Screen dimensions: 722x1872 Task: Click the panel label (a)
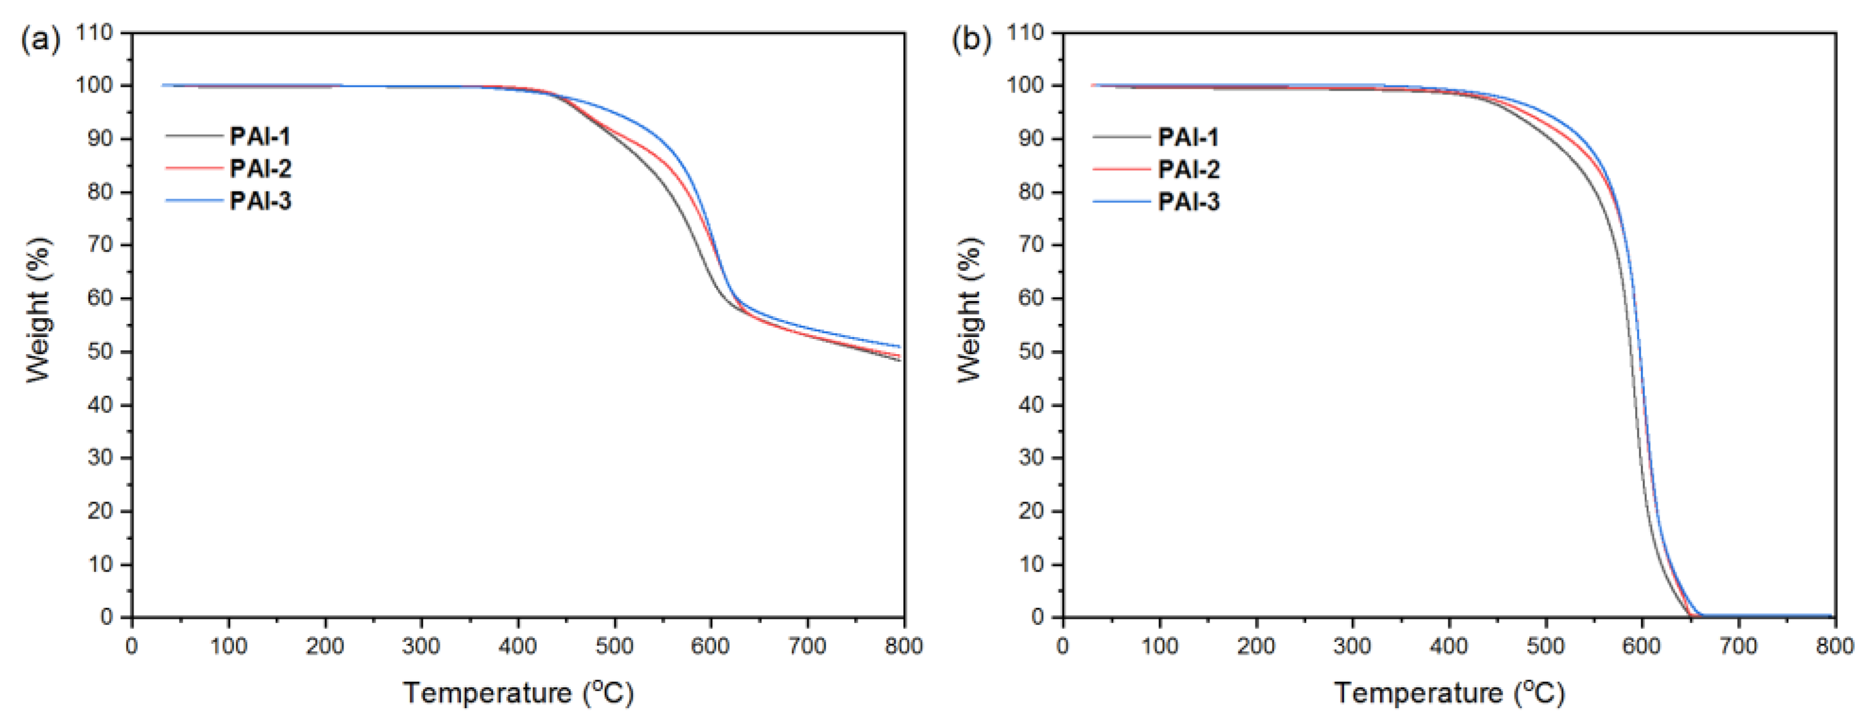pyautogui.click(x=40, y=40)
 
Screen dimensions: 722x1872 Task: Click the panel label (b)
pyautogui.click(x=971, y=40)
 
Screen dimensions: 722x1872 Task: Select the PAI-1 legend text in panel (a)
pyautogui.click(x=260, y=137)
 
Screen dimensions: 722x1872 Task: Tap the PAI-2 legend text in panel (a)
pyautogui.click(x=260, y=168)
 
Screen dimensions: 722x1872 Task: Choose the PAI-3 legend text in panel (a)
pyautogui.click(x=260, y=200)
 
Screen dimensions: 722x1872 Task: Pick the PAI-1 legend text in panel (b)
pyautogui.click(x=1188, y=137)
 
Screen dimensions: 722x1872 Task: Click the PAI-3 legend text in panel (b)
pyautogui.click(x=1188, y=201)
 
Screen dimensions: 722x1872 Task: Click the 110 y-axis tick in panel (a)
pyautogui.click(x=96, y=33)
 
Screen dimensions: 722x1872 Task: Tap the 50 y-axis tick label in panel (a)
pyautogui.click(x=100, y=352)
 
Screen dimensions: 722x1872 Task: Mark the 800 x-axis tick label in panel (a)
pyautogui.click(x=903, y=646)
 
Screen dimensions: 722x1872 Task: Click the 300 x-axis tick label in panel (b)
pyautogui.click(x=1351, y=646)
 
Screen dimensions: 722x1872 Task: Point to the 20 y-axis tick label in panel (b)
pyautogui.click(x=1031, y=512)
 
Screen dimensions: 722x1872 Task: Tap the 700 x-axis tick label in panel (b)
pyautogui.click(x=1738, y=646)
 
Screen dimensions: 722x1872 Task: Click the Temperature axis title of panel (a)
pyautogui.click(x=518, y=692)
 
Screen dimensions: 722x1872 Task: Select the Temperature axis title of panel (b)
pyautogui.click(x=1449, y=692)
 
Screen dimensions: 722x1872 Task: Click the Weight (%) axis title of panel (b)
pyautogui.click(x=969, y=310)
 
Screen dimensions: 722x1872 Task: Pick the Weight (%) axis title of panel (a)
pyautogui.click(x=38, y=310)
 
